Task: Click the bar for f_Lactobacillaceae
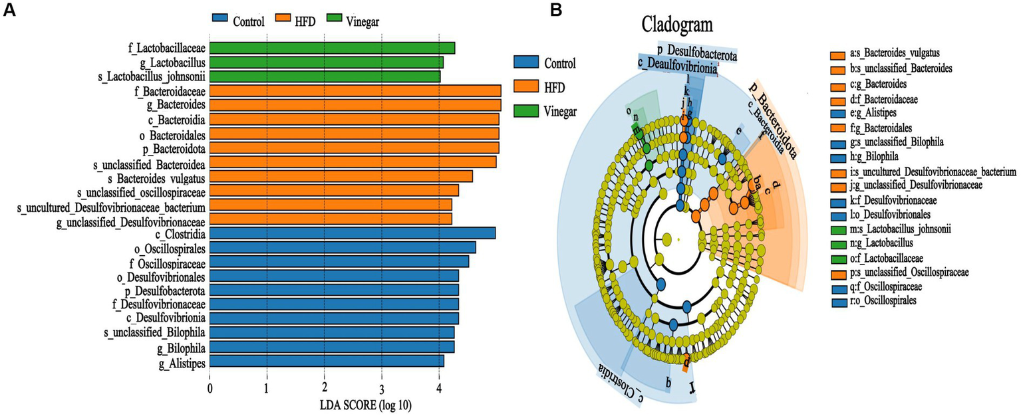[x=333, y=48]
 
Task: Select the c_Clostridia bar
[x=353, y=233]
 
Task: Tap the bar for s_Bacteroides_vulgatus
[x=341, y=177]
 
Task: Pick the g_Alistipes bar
[x=327, y=361]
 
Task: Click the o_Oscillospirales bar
[x=343, y=247]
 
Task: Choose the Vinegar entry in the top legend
[x=363, y=21]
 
